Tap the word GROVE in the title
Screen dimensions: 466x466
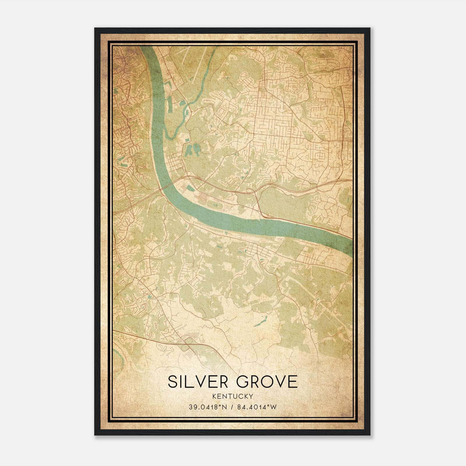(x=267, y=382)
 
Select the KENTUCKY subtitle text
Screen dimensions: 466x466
(x=233, y=396)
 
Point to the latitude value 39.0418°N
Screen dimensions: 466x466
(x=208, y=407)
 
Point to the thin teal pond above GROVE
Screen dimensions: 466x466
(x=260, y=322)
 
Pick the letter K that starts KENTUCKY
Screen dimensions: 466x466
(x=214, y=396)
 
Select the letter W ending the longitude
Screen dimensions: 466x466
(x=273, y=407)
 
